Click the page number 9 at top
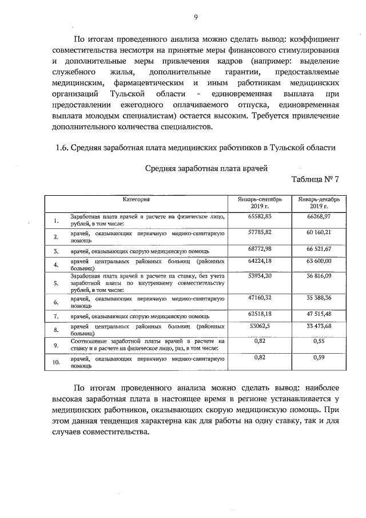coord(195,17)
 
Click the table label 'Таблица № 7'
coord(315,179)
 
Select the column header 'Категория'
coord(138,199)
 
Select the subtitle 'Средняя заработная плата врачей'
coord(206,168)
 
